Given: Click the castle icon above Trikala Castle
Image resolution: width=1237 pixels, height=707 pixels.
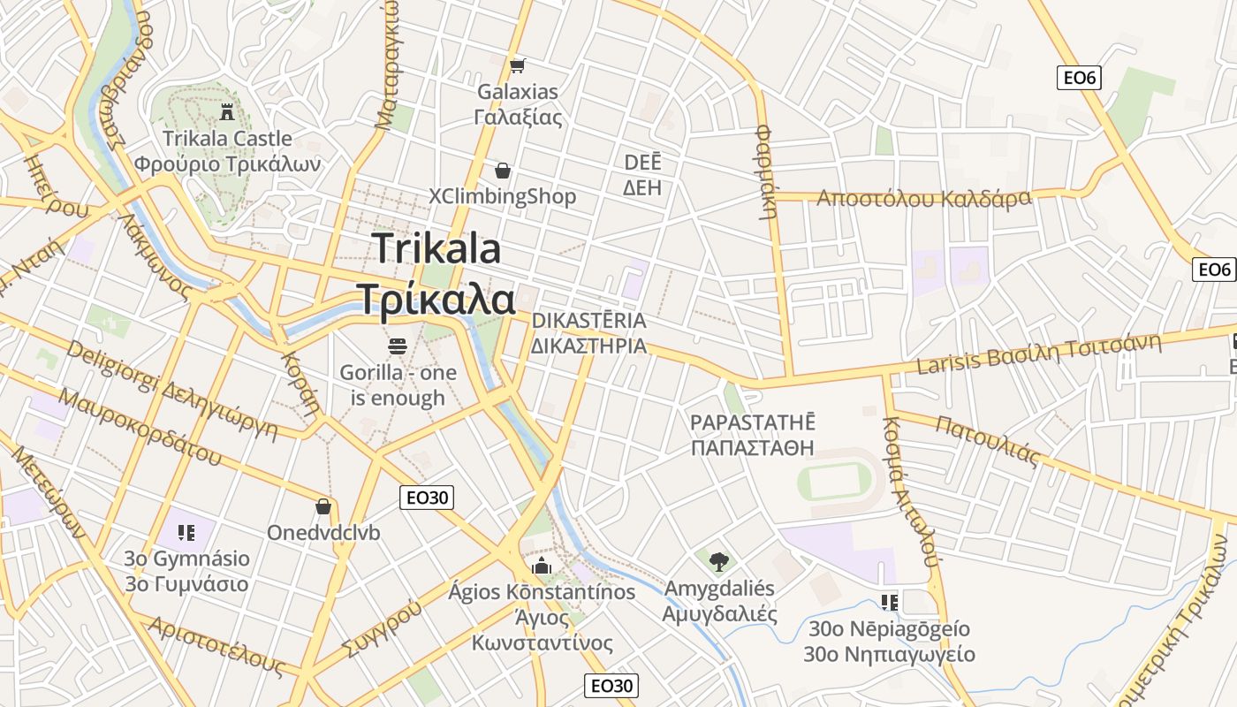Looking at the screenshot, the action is click(x=227, y=111).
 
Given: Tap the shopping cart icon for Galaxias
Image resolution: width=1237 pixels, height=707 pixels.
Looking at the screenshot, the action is click(x=518, y=65).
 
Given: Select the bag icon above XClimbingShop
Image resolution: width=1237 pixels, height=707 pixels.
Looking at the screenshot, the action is click(x=502, y=171).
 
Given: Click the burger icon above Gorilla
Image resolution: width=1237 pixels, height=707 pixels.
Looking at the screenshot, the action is click(x=398, y=346).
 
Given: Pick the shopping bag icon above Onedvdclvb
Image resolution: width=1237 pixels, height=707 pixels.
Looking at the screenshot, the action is click(x=323, y=506).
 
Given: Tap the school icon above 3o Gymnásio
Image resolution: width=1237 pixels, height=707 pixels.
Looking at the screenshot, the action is click(x=186, y=532).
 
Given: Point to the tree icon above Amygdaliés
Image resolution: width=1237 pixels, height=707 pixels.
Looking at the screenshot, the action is click(x=719, y=561).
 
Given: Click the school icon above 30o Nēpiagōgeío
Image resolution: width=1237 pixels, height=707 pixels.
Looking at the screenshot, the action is click(x=889, y=603).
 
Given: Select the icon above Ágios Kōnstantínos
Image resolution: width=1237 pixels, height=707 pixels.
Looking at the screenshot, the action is click(x=542, y=566).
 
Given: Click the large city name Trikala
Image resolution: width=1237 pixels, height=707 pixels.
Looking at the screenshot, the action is click(x=436, y=248).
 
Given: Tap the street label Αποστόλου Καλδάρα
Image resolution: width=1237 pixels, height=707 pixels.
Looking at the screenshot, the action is click(x=923, y=197).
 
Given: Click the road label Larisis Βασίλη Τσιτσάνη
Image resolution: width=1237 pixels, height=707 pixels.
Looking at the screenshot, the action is click(x=1038, y=354).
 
